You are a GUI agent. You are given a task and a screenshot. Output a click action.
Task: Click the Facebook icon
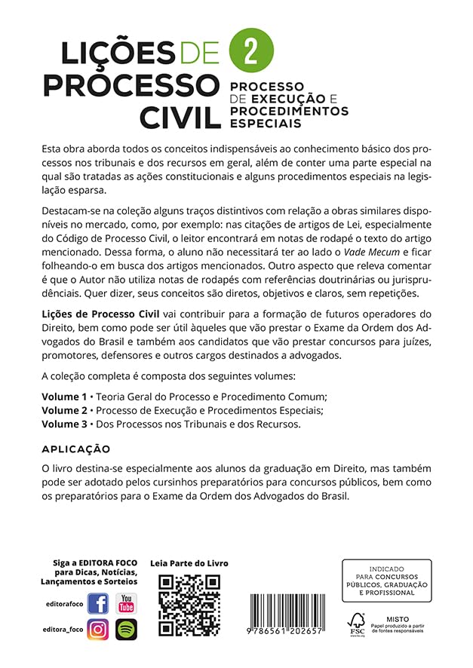98,604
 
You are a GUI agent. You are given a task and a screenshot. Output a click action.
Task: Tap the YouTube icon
126,604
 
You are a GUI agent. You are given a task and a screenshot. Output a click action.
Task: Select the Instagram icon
98,629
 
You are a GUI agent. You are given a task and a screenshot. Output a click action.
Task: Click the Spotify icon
126,629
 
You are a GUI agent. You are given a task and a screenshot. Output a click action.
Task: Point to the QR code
189,605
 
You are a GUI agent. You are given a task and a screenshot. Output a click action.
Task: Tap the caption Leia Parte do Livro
189,564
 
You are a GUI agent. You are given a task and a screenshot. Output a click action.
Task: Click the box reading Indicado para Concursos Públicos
386,580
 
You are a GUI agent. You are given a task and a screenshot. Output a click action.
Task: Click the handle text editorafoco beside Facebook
63,605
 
